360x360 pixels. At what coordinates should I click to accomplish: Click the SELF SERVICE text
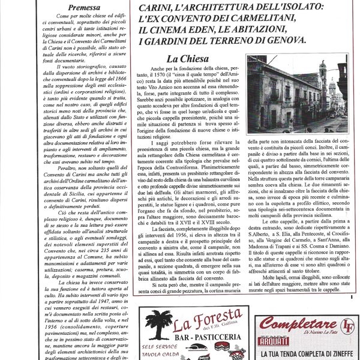(159, 347)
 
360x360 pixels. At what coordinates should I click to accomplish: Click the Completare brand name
(293, 324)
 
